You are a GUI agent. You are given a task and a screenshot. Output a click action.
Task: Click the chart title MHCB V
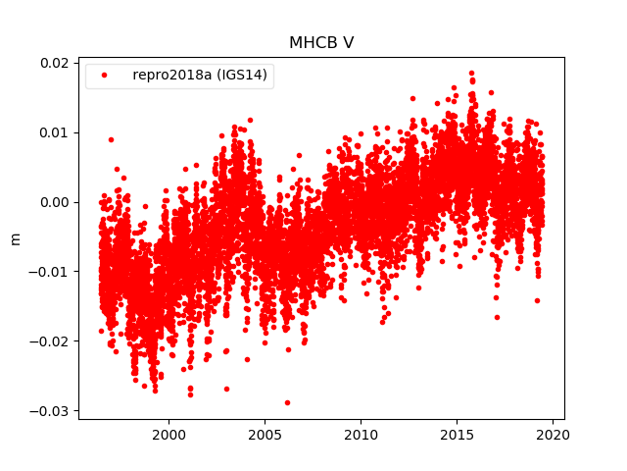tap(321, 43)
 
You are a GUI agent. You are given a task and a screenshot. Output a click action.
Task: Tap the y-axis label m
tap(15, 238)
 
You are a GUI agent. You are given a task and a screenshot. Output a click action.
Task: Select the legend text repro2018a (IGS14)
tap(201, 76)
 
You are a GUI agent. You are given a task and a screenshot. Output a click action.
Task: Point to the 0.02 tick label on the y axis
tap(53, 63)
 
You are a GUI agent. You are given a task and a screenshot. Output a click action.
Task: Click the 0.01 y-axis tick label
tap(53, 132)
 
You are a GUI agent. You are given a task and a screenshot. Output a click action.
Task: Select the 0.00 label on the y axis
tap(53, 202)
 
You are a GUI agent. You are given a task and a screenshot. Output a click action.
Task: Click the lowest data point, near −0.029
tap(287, 402)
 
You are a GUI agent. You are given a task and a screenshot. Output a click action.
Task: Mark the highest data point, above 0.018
tap(471, 73)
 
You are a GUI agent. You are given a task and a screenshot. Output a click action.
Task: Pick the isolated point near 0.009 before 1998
tap(111, 139)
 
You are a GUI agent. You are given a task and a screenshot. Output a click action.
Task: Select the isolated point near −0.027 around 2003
tap(226, 389)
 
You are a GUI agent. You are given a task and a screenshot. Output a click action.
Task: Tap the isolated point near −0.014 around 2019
tap(537, 300)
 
